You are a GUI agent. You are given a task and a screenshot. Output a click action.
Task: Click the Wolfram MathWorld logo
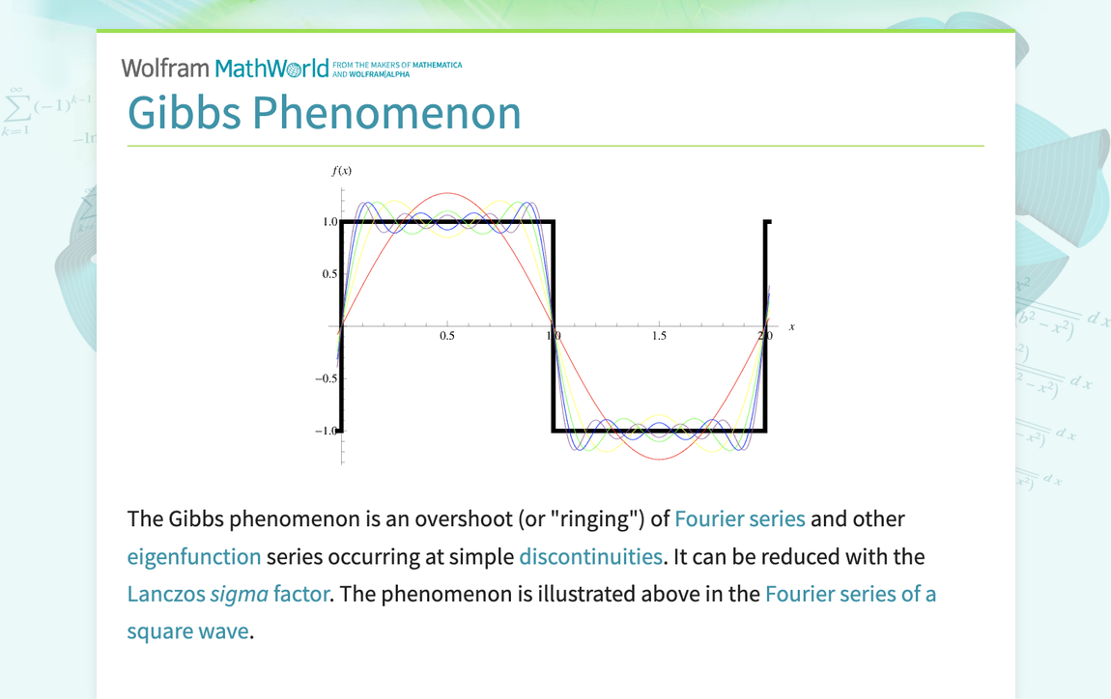point(225,69)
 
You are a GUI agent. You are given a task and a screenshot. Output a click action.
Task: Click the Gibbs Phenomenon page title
point(324,112)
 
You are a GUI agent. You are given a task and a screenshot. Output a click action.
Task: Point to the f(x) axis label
point(342,171)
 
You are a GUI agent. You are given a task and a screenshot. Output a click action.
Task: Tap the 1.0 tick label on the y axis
point(329,222)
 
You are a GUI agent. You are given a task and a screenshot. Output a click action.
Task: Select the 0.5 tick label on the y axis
point(329,274)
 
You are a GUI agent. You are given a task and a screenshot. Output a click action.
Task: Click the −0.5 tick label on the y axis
point(326,378)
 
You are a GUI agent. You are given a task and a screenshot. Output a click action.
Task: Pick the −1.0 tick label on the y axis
point(326,431)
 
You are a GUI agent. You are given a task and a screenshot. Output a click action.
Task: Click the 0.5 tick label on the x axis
point(447,337)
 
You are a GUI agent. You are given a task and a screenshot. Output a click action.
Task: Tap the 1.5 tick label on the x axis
point(659,337)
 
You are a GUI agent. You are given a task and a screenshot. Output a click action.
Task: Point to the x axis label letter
point(792,327)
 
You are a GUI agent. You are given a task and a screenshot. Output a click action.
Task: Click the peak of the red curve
point(446,194)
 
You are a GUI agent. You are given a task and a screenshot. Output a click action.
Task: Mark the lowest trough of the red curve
point(659,459)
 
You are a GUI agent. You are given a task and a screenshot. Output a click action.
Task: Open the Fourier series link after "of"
point(739,518)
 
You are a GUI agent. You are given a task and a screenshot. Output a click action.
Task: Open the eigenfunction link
point(194,556)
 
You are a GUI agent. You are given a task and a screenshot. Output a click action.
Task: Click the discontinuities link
point(590,556)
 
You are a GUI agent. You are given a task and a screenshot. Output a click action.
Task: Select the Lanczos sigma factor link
point(228,594)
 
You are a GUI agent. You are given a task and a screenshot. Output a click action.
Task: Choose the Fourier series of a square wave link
point(850,594)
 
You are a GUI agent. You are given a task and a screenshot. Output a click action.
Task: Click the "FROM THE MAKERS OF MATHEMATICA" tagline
point(396,65)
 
